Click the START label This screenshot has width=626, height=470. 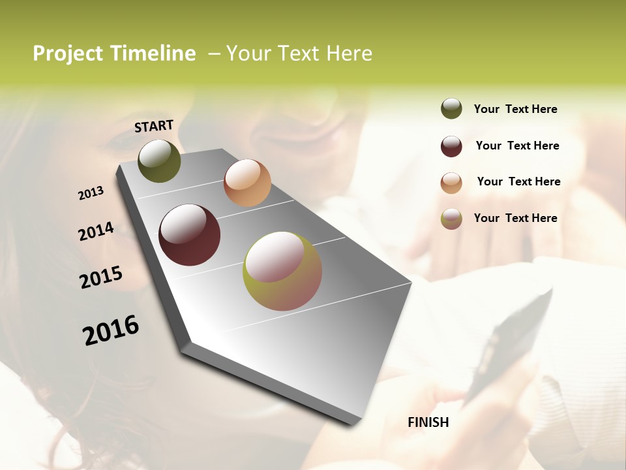coord(154,126)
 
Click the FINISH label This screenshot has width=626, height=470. coord(428,422)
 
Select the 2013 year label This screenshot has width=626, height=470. coord(91,193)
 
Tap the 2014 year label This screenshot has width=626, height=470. coord(96,231)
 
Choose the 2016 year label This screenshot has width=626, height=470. coord(111,330)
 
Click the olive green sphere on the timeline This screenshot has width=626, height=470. coord(159,161)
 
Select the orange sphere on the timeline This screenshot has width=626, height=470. coord(247,183)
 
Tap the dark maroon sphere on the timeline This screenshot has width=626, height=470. coord(189,235)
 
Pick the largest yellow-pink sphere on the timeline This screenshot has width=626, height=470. coord(282,271)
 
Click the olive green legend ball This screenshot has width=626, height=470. coord(451,109)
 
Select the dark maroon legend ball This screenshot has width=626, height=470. coord(451,146)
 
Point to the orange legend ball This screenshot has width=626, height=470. coord(451,183)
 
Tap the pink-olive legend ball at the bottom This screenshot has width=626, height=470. coord(451,219)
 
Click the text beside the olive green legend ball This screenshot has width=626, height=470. coord(515,109)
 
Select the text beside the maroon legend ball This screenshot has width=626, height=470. coord(517,146)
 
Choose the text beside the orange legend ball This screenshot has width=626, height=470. coord(518,181)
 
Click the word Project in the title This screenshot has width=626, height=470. coord(68,54)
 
